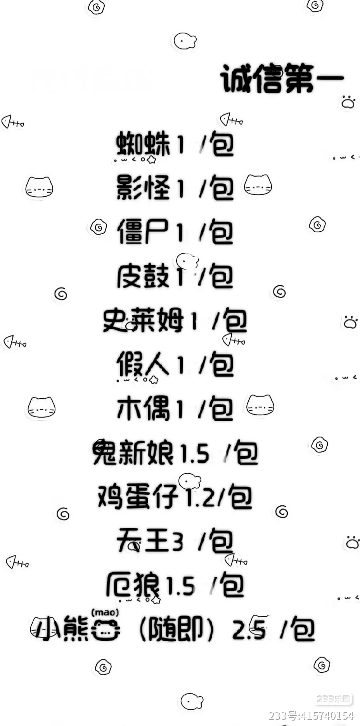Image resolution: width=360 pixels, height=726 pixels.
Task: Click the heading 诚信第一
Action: click(282, 79)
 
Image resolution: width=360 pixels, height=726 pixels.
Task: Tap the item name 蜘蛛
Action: click(143, 144)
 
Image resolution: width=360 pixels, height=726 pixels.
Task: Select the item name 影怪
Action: click(143, 188)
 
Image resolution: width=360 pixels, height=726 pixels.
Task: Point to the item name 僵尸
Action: click(143, 232)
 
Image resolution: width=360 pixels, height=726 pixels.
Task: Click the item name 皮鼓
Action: click(143, 276)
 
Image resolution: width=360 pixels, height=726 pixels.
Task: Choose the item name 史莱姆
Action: click(143, 320)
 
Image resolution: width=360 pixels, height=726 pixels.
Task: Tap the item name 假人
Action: click(143, 365)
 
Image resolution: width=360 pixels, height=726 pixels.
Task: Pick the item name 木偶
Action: click(143, 408)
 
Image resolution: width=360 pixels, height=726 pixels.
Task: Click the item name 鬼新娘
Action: click(133, 453)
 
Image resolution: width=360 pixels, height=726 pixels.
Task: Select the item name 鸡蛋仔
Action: click(138, 497)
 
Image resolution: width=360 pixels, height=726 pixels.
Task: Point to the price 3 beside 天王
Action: click(177, 541)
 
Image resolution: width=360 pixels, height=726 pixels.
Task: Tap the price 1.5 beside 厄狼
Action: click(180, 586)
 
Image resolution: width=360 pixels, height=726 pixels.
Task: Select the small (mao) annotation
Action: click(105, 613)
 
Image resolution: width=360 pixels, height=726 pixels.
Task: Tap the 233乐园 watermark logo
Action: click(333, 699)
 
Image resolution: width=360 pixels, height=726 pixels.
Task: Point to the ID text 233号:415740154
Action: click(311, 716)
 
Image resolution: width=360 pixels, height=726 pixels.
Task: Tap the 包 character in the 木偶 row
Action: click(222, 409)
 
